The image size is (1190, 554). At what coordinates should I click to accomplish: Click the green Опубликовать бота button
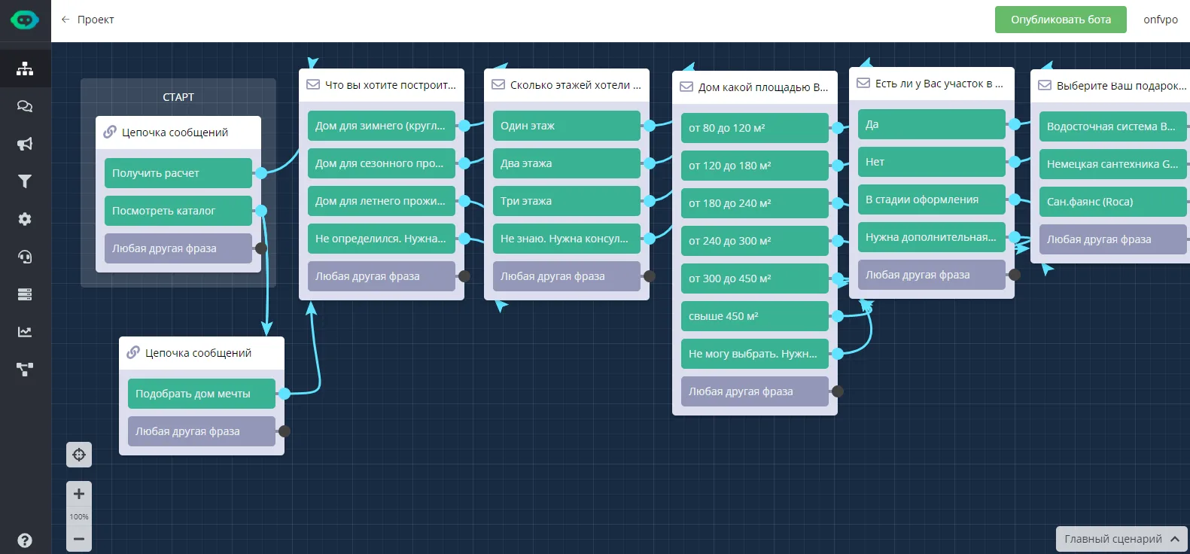point(1061,20)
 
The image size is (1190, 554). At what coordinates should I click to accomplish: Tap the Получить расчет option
point(178,172)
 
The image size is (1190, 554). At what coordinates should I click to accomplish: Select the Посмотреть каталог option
point(178,210)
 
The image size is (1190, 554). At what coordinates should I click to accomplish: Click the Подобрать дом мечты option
point(201,394)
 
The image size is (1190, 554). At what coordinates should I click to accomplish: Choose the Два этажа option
point(566,163)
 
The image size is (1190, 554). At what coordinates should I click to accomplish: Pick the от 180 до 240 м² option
point(754,203)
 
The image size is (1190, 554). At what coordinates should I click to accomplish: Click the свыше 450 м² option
point(754,316)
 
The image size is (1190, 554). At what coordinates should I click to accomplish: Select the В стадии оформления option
point(931,199)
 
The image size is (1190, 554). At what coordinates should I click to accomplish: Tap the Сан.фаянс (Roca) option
point(1112,201)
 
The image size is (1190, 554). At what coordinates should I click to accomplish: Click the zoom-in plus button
point(78,494)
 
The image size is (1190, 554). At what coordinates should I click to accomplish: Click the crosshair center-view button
point(78,455)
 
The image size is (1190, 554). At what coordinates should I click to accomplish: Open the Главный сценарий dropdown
point(1121,539)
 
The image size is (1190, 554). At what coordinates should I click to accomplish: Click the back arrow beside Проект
point(65,20)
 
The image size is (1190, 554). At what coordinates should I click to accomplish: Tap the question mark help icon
point(25,540)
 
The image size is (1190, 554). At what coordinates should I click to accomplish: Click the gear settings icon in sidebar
point(25,219)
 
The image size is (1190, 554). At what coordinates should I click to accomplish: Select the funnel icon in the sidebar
point(25,181)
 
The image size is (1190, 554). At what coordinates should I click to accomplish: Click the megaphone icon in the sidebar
point(25,144)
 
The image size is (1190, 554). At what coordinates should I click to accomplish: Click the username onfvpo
point(1161,20)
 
